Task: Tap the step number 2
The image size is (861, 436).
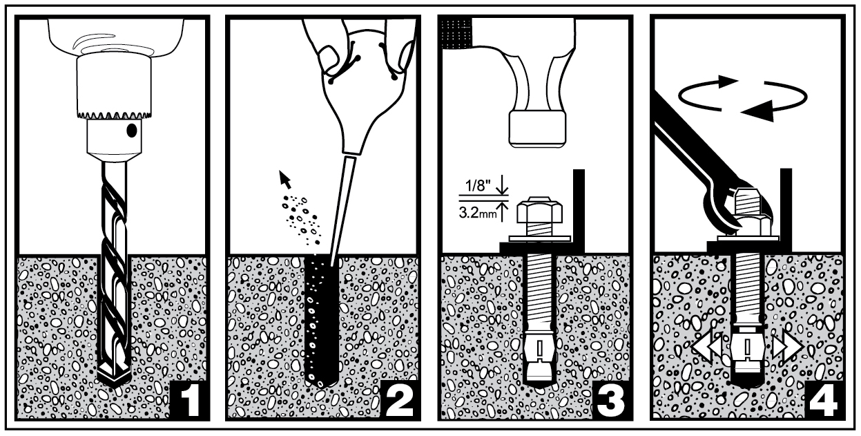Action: tap(400, 401)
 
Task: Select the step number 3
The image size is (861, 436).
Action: tap(611, 401)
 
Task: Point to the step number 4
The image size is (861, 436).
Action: tap(824, 401)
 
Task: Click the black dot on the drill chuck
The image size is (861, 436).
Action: tap(131, 131)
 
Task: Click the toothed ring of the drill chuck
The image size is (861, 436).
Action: tap(114, 115)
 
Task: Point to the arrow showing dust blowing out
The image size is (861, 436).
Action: tap(284, 180)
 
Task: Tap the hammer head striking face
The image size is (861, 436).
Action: tap(537, 129)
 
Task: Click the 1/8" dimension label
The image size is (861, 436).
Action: tap(478, 187)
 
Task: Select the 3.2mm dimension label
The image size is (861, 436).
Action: tap(478, 214)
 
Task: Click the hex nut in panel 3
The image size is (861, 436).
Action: tap(540, 210)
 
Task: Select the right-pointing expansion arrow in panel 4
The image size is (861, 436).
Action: tap(787, 346)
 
